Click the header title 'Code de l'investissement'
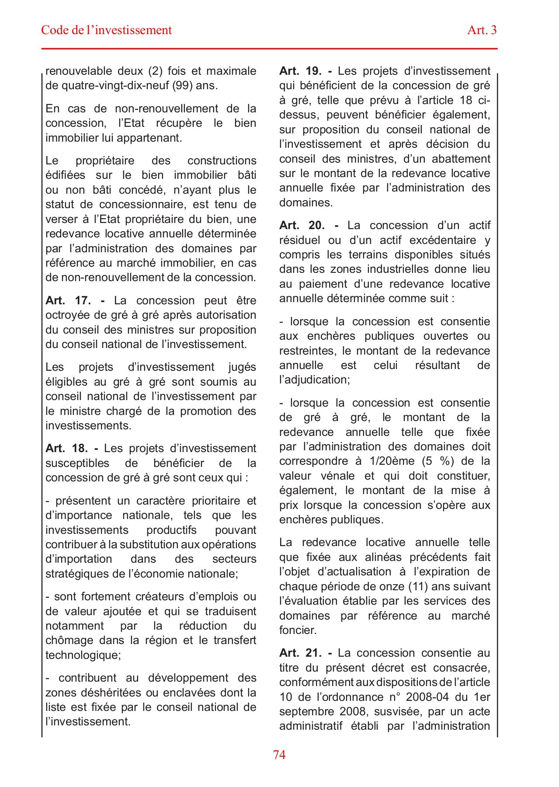(x=106, y=30)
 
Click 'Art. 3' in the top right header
(x=482, y=30)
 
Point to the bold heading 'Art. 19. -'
(x=306, y=71)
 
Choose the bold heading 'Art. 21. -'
(x=306, y=653)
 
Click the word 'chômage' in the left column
(x=70, y=641)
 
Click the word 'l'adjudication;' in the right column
(x=314, y=380)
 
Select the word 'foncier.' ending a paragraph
(x=298, y=630)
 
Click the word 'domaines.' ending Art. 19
(x=306, y=203)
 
